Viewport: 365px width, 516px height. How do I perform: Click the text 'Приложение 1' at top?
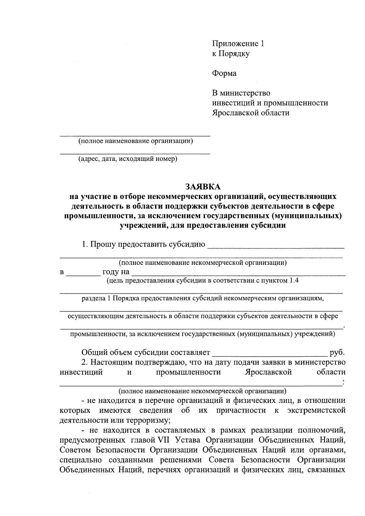point(238,44)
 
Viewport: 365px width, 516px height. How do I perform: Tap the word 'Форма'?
point(224,73)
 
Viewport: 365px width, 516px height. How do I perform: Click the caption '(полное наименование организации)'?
point(135,141)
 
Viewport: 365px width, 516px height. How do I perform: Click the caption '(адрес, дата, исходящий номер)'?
point(128,159)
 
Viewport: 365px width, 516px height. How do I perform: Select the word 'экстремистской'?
point(316,410)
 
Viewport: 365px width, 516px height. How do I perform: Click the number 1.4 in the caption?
point(293,280)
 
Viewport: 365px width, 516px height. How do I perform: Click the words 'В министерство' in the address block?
point(241,93)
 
